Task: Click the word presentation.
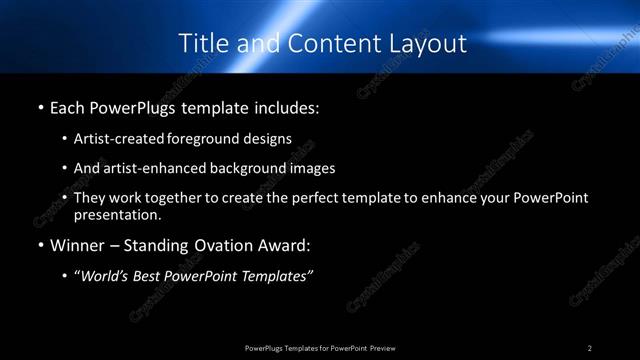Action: point(116,214)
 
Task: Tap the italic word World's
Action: point(104,276)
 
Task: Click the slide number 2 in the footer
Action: point(590,347)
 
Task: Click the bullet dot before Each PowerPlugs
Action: point(39,105)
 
